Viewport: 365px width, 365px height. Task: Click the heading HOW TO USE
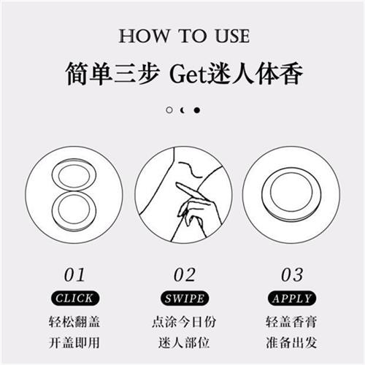tap(183, 36)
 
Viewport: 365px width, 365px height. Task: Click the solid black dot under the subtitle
tap(197, 110)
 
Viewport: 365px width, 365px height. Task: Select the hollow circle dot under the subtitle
tap(169, 110)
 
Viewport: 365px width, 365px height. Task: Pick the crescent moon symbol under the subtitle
tap(182, 110)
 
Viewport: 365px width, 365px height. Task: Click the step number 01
tap(74, 274)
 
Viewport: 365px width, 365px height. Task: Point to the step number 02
tap(184, 274)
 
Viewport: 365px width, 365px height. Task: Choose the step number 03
tap(292, 274)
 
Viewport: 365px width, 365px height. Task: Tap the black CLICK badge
tap(74, 298)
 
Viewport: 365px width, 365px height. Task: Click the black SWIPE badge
tap(184, 298)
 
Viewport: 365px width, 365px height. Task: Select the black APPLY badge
tap(292, 298)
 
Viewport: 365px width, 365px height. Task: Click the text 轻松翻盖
tap(74, 322)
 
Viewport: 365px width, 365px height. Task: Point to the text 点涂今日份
tap(184, 322)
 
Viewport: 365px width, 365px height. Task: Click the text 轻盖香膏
tap(292, 322)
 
